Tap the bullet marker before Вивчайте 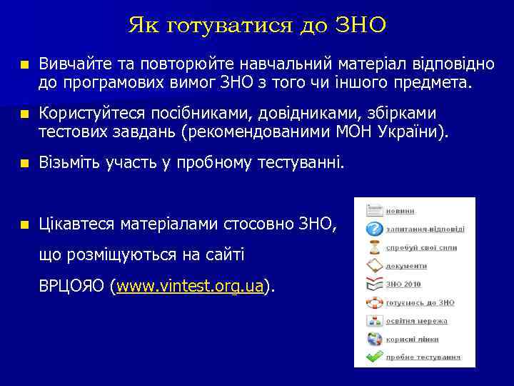click(25, 65)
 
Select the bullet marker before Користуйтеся click(25, 114)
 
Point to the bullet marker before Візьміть click(25, 164)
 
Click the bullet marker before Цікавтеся click(25, 224)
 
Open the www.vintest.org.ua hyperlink click(190, 287)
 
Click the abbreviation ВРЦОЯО click(73, 287)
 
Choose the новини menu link click(400, 211)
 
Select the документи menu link click(406, 266)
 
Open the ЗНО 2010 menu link click(403, 284)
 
